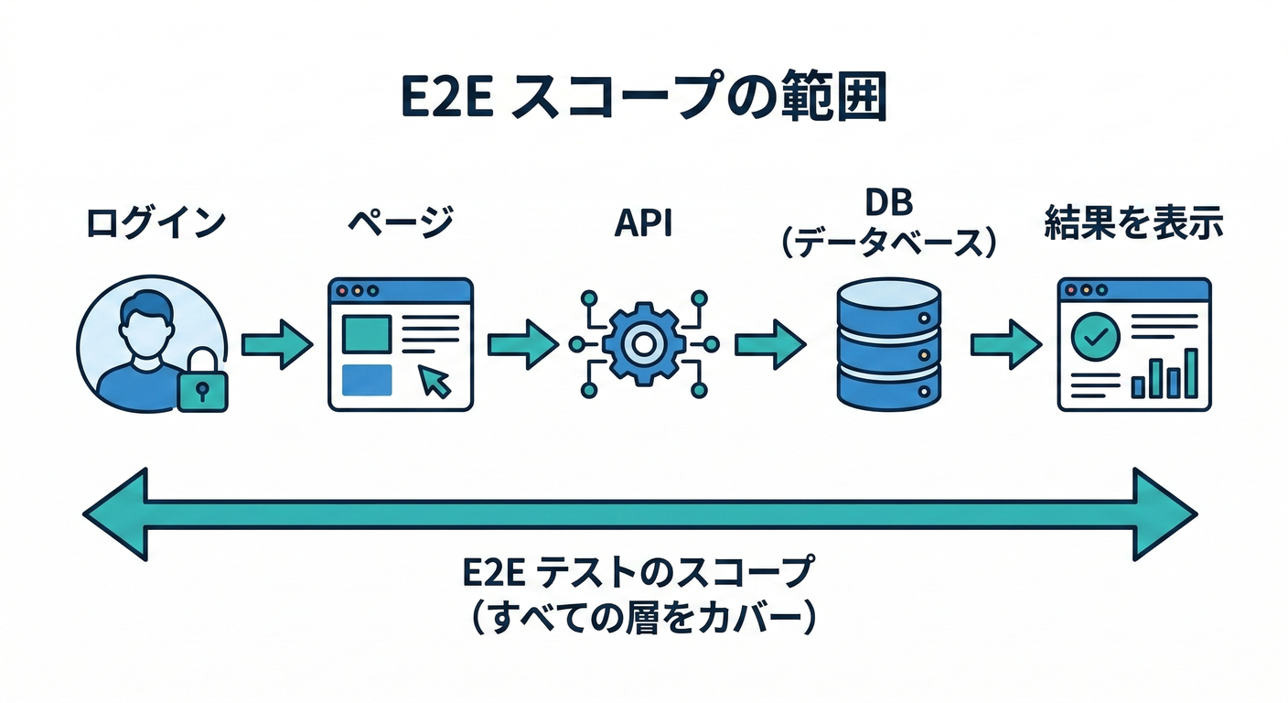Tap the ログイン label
(156, 224)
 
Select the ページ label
(400, 224)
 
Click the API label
(643, 224)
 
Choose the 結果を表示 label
(1133, 224)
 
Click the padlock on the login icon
(201, 385)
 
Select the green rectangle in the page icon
(366, 332)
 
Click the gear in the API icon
(643, 344)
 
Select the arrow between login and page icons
(276, 344)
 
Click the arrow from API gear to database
(769, 344)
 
